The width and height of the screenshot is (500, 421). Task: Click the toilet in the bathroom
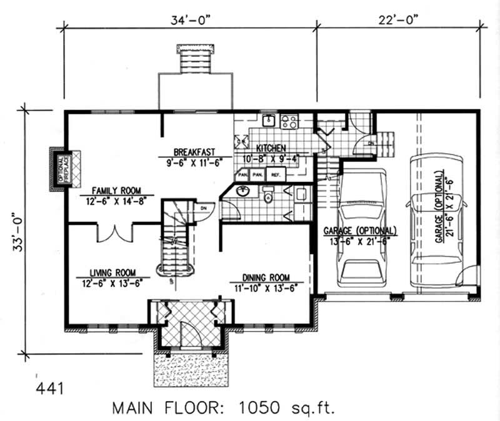269,198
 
